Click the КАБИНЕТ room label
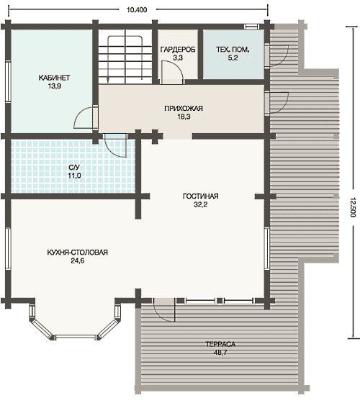click(54, 78)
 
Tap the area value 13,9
click(54, 86)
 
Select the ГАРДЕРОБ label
click(178, 50)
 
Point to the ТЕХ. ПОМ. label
click(233, 50)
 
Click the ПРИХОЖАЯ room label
click(184, 108)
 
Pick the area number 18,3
click(184, 117)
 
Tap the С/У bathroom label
click(74, 167)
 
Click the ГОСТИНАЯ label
click(201, 196)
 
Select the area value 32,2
click(201, 204)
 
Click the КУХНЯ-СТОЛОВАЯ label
click(78, 252)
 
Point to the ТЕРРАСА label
click(220, 344)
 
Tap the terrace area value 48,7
click(220, 353)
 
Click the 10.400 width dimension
click(137, 10)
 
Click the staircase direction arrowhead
click(108, 80)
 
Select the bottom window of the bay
click(76, 337)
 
